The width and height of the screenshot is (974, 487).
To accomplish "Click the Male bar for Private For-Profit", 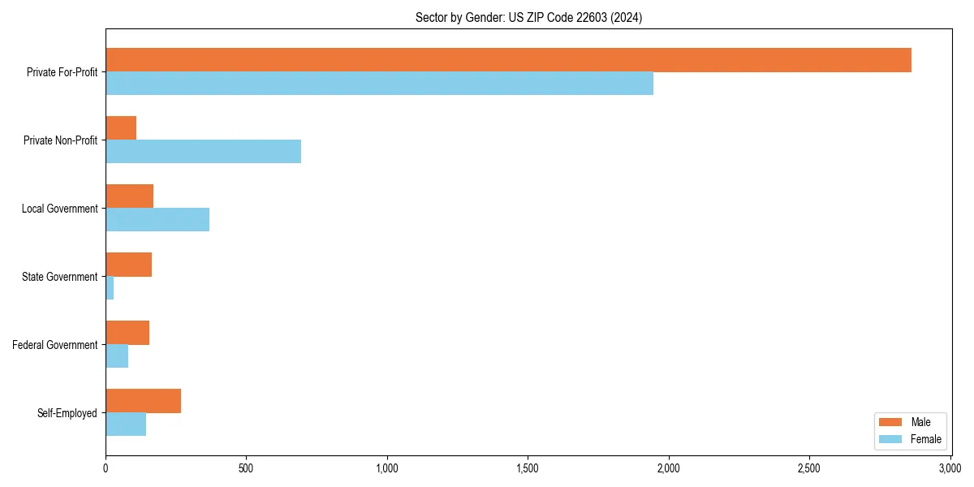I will tap(508, 60).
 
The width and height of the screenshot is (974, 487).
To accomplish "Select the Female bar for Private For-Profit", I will tap(379, 84).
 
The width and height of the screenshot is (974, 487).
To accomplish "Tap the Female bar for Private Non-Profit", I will tap(203, 152).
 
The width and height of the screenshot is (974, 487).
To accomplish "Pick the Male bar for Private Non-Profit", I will tap(121, 128).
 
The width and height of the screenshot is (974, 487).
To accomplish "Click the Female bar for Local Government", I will tap(157, 220).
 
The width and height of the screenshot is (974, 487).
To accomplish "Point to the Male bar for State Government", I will tap(128, 265).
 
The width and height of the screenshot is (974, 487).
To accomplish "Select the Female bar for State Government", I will tap(110, 288).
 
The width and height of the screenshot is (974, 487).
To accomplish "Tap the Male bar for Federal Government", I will tap(127, 333).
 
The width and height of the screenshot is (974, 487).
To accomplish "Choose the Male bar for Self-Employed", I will tap(143, 401).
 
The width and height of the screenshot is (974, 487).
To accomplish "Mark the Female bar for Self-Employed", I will tap(126, 425).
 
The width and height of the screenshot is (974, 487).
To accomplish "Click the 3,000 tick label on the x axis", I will tap(950, 468).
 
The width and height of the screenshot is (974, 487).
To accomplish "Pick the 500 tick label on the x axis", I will tap(246, 468).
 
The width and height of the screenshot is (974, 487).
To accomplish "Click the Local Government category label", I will tap(59, 209).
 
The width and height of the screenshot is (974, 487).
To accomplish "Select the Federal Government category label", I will tap(55, 345).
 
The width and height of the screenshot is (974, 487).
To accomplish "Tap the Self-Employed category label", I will tap(67, 413).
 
